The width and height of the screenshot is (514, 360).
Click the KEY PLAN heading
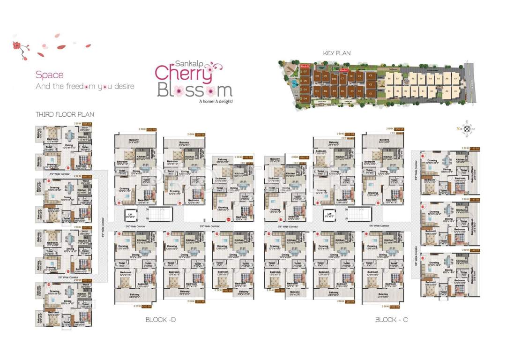(x=336, y=53)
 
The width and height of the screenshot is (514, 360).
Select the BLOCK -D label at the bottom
(x=160, y=320)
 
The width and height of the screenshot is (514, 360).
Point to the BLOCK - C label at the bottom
(x=391, y=320)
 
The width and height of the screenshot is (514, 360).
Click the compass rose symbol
(x=467, y=129)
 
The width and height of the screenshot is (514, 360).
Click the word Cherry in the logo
(x=184, y=73)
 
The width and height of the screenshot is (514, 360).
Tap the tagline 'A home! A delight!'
(x=216, y=101)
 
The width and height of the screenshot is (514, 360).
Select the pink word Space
(x=49, y=75)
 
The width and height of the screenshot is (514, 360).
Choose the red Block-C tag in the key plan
(x=344, y=70)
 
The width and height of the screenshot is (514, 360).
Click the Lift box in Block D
(x=130, y=216)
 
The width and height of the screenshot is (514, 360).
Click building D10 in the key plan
(x=334, y=79)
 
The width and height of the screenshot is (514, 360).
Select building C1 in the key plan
(x=370, y=75)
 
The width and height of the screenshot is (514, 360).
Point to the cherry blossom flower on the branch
(x=17, y=45)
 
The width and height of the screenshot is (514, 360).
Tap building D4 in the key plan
(x=305, y=98)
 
